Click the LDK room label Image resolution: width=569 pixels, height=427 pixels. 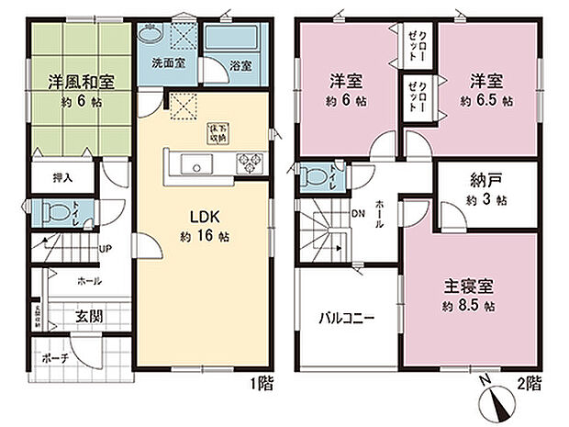click(202, 218)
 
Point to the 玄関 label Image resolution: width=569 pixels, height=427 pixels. click(88, 318)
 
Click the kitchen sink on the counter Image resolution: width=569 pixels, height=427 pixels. click(195, 165)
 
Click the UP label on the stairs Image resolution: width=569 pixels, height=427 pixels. click(106, 247)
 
